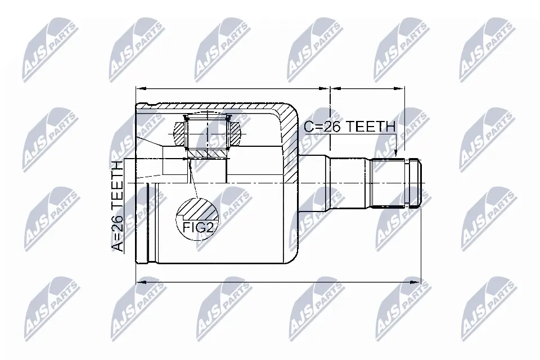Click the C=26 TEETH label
[x=349, y=127]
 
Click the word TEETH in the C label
[x=371, y=127]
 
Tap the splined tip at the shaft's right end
[x=413, y=183]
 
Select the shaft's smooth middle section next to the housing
[x=349, y=183]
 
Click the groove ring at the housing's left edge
[x=148, y=222]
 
